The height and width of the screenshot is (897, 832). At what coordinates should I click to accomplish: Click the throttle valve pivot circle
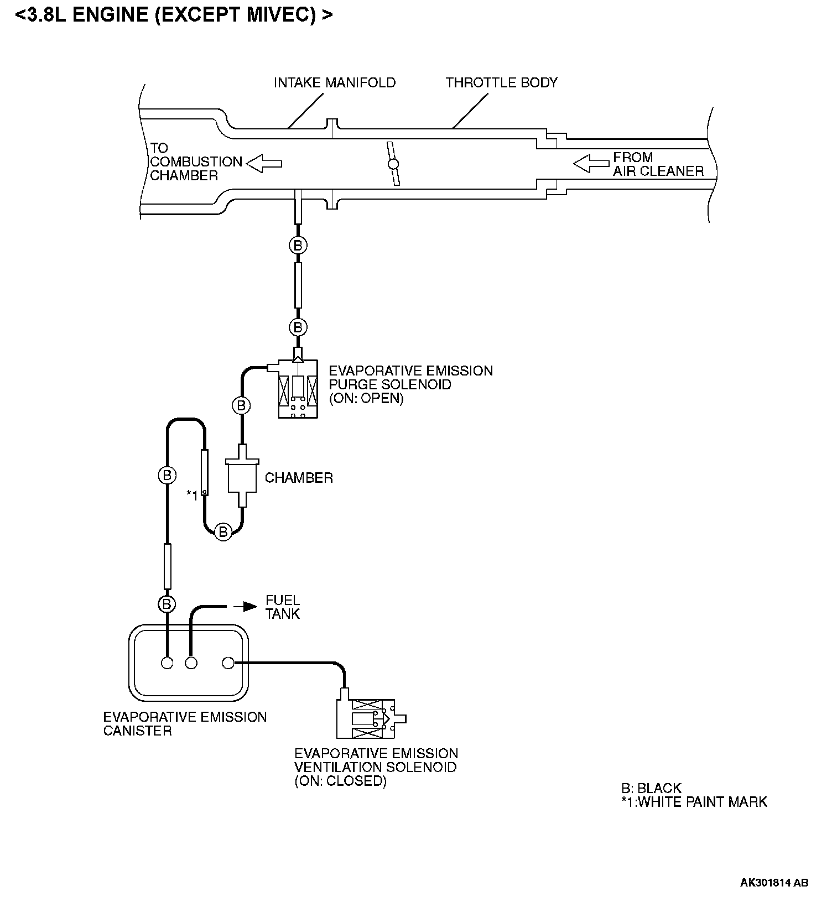[393, 164]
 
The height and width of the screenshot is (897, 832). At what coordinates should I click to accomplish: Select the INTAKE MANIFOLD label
[335, 83]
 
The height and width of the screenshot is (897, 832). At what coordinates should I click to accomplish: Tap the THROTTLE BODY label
[502, 83]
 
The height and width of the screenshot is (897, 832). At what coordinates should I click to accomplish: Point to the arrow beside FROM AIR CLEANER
[591, 164]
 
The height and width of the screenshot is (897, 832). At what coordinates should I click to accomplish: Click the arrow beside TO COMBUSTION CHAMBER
[264, 164]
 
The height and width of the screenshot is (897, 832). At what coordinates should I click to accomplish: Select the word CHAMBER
[299, 478]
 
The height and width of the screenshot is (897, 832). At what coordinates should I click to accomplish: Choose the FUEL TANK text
[283, 607]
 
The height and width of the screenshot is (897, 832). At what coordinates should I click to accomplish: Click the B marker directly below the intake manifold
[298, 245]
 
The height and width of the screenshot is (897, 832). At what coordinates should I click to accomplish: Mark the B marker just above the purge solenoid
[298, 327]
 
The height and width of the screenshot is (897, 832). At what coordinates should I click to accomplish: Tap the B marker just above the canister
[167, 604]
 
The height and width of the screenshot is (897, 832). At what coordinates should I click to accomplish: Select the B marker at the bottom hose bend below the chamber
[223, 532]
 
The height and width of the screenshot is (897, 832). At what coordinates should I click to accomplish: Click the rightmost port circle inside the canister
[228, 663]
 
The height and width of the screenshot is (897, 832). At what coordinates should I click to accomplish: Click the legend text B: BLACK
[651, 788]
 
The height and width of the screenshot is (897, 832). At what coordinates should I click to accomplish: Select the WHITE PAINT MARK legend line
[694, 802]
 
